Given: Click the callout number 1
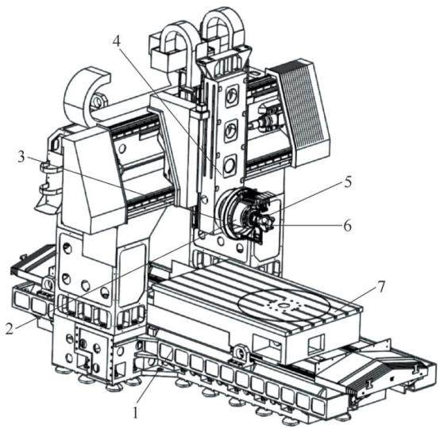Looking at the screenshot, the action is pos(136,412).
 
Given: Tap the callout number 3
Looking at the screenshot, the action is pos(21,157).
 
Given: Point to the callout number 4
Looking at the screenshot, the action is pos(116,41).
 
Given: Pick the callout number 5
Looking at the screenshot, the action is pos(347,182).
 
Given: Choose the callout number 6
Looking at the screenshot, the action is pos(347,225).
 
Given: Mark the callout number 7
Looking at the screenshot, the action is pos(380,287).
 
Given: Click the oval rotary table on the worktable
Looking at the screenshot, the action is pos(284,305).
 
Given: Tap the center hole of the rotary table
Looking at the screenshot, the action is pos(284,305).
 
